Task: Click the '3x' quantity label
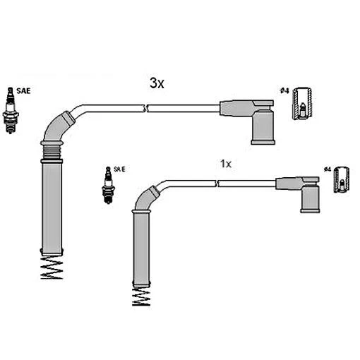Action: click(157, 83)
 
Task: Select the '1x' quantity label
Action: click(226, 163)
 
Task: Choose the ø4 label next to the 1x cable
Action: click(327, 169)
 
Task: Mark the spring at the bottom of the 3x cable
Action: click(52, 268)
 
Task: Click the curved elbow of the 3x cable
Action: click(56, 127)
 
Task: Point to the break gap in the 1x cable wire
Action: click(220, 184)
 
